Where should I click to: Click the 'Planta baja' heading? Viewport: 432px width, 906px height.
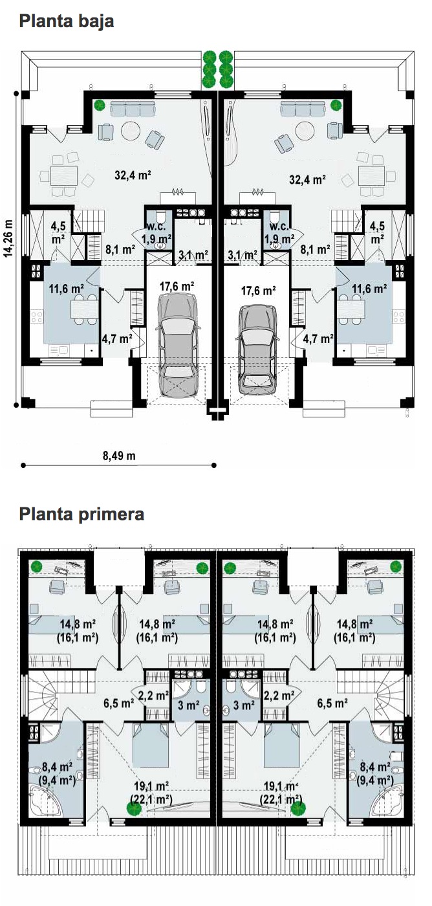66,21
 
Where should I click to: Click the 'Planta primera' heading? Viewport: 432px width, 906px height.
81,514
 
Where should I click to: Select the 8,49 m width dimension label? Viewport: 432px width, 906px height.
119,456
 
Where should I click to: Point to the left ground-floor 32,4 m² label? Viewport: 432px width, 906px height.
133,175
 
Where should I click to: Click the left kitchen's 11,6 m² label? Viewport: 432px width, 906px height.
67,289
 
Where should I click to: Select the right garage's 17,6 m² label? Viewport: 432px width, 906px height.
258,291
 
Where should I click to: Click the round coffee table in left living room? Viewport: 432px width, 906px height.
131,131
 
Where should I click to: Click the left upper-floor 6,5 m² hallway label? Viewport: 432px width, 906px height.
118,703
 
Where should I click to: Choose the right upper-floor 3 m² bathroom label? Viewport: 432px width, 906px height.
244,705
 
